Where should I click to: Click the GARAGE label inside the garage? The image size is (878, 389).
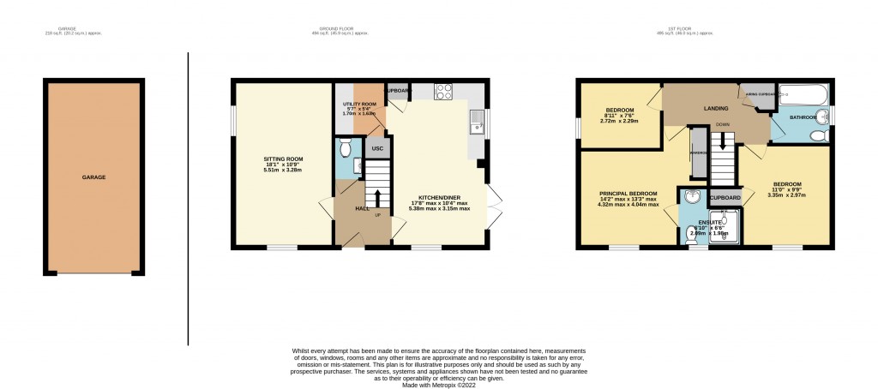(x=93, y=177)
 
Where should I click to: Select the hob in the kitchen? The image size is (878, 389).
(x=444, y=93)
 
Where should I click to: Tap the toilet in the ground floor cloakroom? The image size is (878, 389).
(x=346, y=148)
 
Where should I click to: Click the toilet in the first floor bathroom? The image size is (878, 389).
(x=818, y=135)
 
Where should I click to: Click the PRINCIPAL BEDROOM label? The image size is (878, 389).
(x=628, y=194)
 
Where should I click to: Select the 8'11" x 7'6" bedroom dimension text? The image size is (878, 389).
(x=620, y=117)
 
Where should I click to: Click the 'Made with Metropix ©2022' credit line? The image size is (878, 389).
(x=439, y=380)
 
